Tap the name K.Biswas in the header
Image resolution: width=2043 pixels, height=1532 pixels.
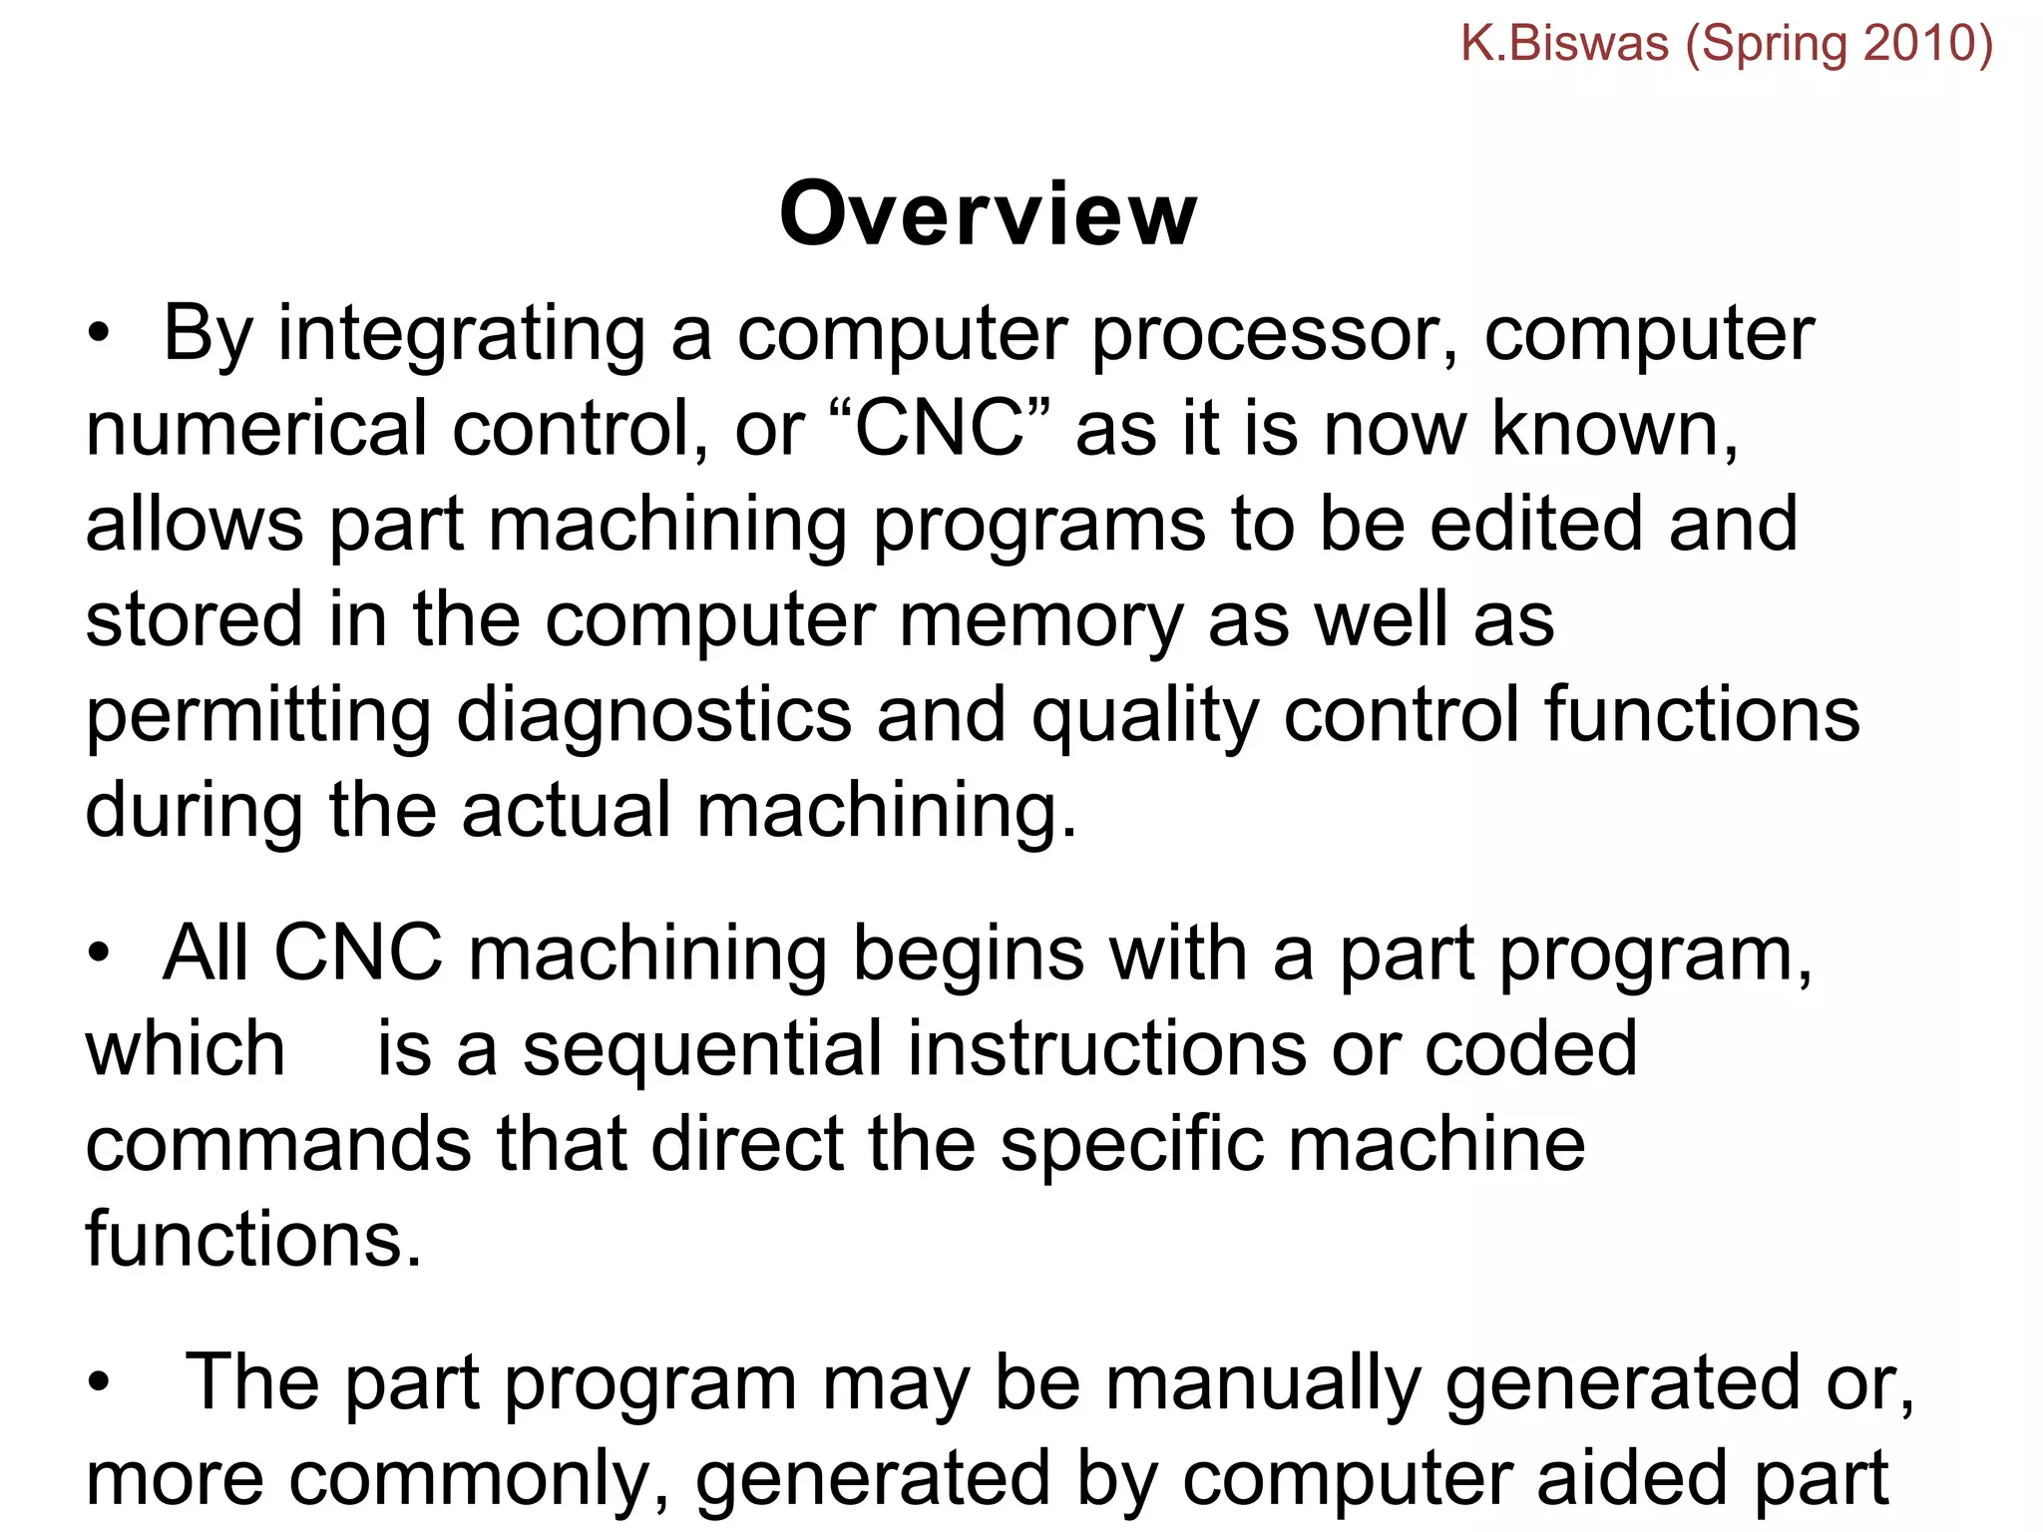point(1564,44)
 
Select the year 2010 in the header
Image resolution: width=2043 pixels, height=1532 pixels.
point(1917,44)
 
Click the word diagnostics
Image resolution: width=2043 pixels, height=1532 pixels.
point(653,716)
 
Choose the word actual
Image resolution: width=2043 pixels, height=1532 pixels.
point(566,810)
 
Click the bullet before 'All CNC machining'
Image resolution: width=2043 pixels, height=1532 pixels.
point(98,956)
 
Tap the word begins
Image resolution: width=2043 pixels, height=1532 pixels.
point(968,955)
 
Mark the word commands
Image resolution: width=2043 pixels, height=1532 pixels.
point(278,1144)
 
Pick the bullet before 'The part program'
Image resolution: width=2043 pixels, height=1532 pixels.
point(98,1384)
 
